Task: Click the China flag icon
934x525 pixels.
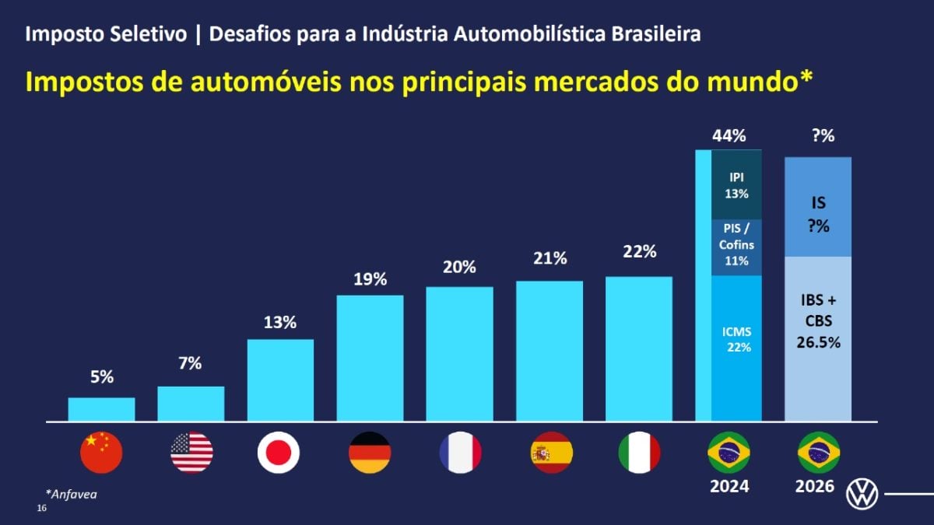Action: coord(101,453)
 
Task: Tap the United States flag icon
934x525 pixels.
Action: coord(191,453)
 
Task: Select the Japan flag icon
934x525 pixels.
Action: coord(279,453)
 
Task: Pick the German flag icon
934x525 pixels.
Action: coord(370,453)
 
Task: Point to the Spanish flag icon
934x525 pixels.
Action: coord(552,453)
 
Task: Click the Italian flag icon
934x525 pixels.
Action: coord(640,453)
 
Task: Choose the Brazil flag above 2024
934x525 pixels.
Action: coord(729,453)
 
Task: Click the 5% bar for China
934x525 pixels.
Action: coord(102,409)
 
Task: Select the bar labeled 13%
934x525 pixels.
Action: coord(280,380)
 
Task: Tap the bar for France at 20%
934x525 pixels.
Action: coord(459,354)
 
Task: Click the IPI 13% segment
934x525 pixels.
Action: coord(737,184)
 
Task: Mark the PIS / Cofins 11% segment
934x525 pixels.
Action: coord(737,247)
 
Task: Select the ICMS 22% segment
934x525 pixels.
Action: coord(737,348)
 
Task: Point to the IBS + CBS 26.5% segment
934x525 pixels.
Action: coord(818,339)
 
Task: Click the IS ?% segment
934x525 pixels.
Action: coord(818,207)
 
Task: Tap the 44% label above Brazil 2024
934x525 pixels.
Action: coord(729,136)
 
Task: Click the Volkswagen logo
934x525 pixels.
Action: coord(862,494)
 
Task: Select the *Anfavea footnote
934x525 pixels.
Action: coord(72,494)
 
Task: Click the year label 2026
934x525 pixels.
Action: coord(815,486)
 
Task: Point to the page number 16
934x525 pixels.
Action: coord(42,508)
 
